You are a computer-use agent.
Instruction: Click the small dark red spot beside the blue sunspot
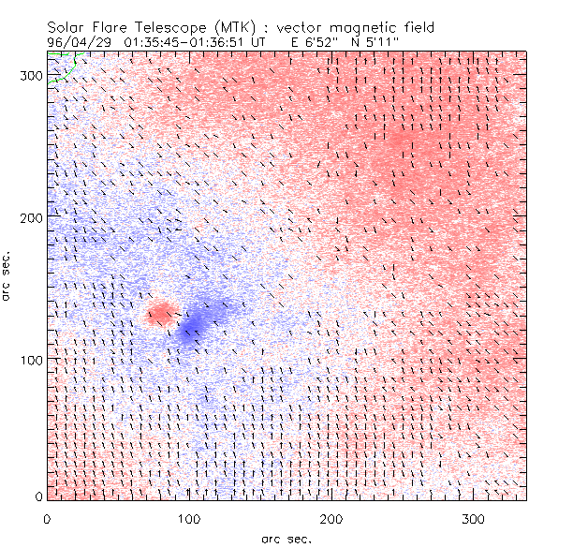click(160, 313)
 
